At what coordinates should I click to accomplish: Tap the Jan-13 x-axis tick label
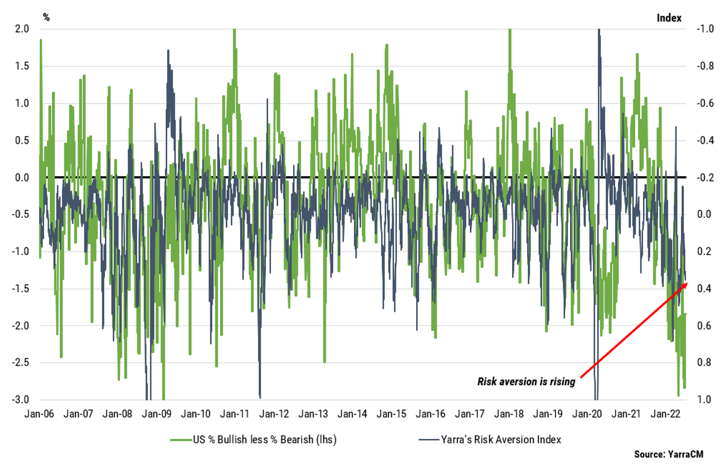coord(314,414)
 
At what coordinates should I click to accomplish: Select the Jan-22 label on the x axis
coord(665,414)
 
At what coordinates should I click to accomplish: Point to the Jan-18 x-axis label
coord(509,414)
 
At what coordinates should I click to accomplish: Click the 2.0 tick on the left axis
coord(22,29)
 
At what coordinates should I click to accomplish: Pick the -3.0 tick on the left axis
coord(21,400)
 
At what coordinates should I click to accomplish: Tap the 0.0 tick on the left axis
coord(22,177)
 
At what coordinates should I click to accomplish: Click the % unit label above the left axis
coord(46,17)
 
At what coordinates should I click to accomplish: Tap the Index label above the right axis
coord(668,17)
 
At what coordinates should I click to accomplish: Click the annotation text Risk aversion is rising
coord(526,381)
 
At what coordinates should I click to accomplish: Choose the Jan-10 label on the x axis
coord(197,414)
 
